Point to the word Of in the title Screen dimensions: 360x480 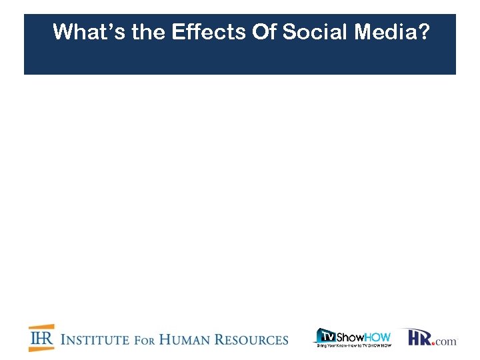point(265,31)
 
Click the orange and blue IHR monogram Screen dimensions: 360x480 point(41,338)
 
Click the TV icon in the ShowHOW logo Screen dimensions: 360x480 point(325,335)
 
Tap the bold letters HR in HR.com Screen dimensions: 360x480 point(419,337)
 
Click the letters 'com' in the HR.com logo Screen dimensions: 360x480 point(447,341)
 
